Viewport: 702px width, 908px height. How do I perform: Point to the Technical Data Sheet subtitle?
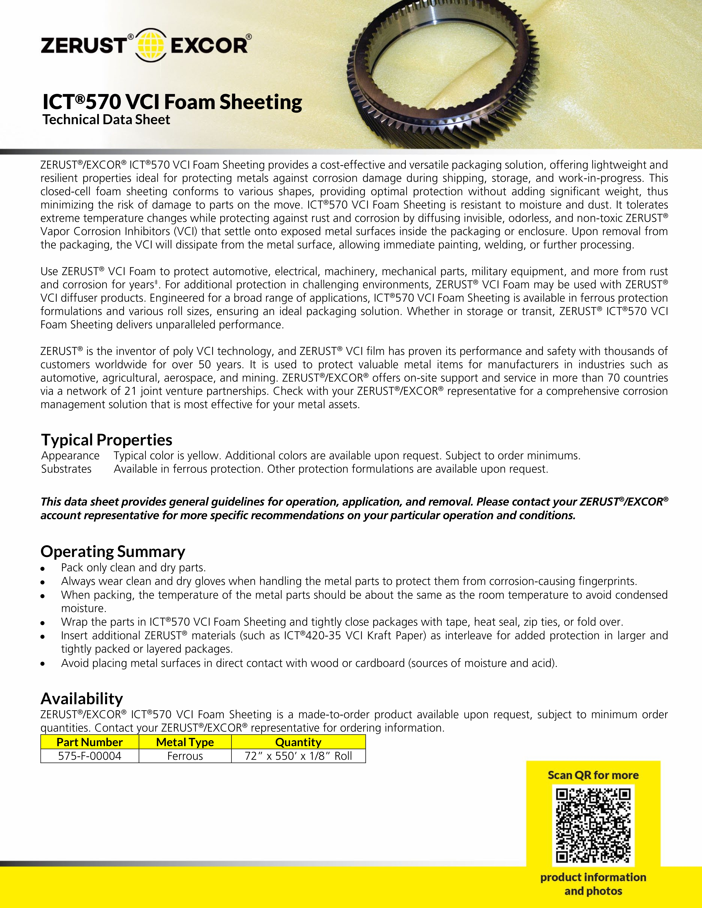pos(107,120)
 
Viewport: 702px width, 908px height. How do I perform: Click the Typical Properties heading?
pos(107,440)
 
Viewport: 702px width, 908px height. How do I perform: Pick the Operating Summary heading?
pos(113,551)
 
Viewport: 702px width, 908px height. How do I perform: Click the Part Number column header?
pos(89,742)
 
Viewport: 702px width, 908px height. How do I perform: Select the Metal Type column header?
pos(185,742)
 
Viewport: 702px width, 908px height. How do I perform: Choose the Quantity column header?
pos(298,742)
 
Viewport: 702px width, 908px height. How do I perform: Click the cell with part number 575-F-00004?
pos(89,756)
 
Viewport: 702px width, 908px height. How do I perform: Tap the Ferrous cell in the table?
pos(185,756)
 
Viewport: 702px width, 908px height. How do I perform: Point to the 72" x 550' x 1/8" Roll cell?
pos(298,756)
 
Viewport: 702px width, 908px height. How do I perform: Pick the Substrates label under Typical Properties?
pos(66,469)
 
